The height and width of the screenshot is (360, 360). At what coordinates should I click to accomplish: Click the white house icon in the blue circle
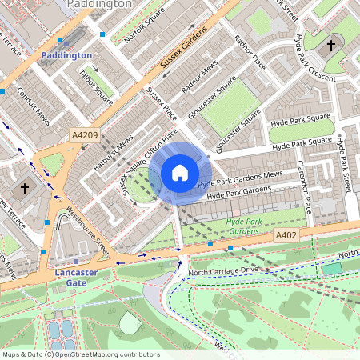click(x=180, y=173)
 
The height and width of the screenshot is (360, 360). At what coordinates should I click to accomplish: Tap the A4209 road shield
click(x=84, y=135)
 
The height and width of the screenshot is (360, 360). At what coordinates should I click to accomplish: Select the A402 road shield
click(x=286, y=235)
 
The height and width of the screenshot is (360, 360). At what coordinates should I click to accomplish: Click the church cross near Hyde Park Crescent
click(x=331, y=46)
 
